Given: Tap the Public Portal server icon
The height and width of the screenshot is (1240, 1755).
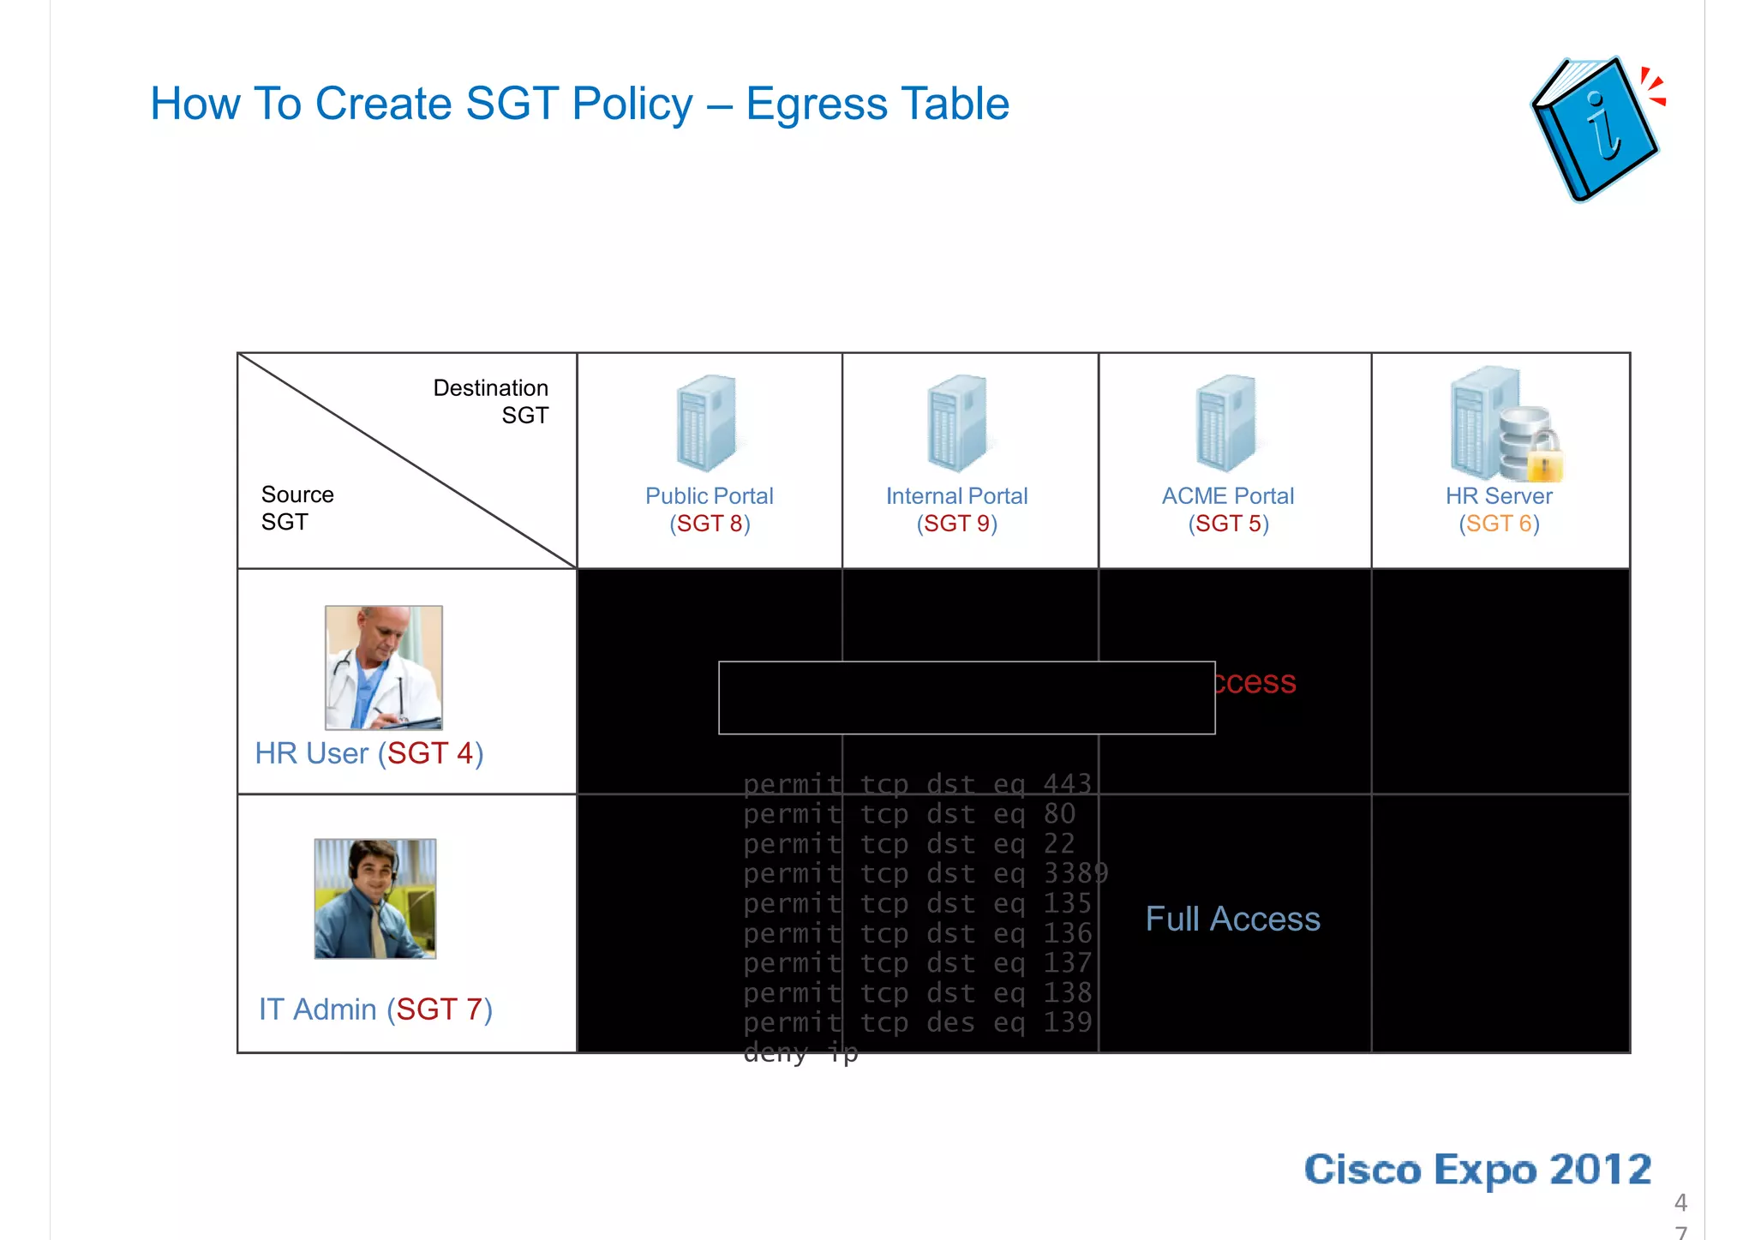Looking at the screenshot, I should tap(707, 422).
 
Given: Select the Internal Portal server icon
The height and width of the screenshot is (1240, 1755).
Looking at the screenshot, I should tap(956, 422).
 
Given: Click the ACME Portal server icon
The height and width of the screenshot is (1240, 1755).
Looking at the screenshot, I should tap(1226, 422).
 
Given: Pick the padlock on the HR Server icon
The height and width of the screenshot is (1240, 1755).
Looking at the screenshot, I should tap(1544, 459).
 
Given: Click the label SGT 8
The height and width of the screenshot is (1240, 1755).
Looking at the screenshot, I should tap(710, 524).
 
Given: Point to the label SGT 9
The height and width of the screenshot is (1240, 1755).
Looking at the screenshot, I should tap(956, 524).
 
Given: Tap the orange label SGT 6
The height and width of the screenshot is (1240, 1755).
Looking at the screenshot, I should tap(1499, 524).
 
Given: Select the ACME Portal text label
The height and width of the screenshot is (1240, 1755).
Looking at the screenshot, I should tap(1227, 496).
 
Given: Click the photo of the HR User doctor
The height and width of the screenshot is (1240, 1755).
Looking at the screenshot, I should tap(384, 668).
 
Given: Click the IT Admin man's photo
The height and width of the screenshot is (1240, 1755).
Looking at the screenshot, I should tap(375, 898).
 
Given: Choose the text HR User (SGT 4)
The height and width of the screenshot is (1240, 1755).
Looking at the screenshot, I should tap(369, 753).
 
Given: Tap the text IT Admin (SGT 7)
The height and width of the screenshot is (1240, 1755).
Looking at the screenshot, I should tap(375, 1009).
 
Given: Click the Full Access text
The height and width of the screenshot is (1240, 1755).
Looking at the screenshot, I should tap(1232, 920).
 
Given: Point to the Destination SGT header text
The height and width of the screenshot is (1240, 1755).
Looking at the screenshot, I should tap(492, 401).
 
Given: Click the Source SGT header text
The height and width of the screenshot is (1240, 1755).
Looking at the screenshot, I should tap(296, 508).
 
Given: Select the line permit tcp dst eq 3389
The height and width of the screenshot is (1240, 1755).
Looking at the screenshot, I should tap(925, 873).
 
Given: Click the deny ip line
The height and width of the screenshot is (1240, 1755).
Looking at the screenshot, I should tap(800, 1052).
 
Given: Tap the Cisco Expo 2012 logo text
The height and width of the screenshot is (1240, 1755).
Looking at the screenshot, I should tap(1477, 1170).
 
